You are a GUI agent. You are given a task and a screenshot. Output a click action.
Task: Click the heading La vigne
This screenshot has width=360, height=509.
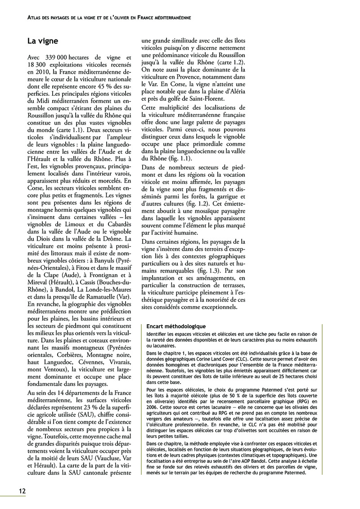43,41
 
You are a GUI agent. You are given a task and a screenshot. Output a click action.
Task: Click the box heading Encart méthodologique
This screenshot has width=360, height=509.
176,326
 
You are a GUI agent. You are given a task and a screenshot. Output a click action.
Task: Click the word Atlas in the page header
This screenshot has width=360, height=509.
35,18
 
